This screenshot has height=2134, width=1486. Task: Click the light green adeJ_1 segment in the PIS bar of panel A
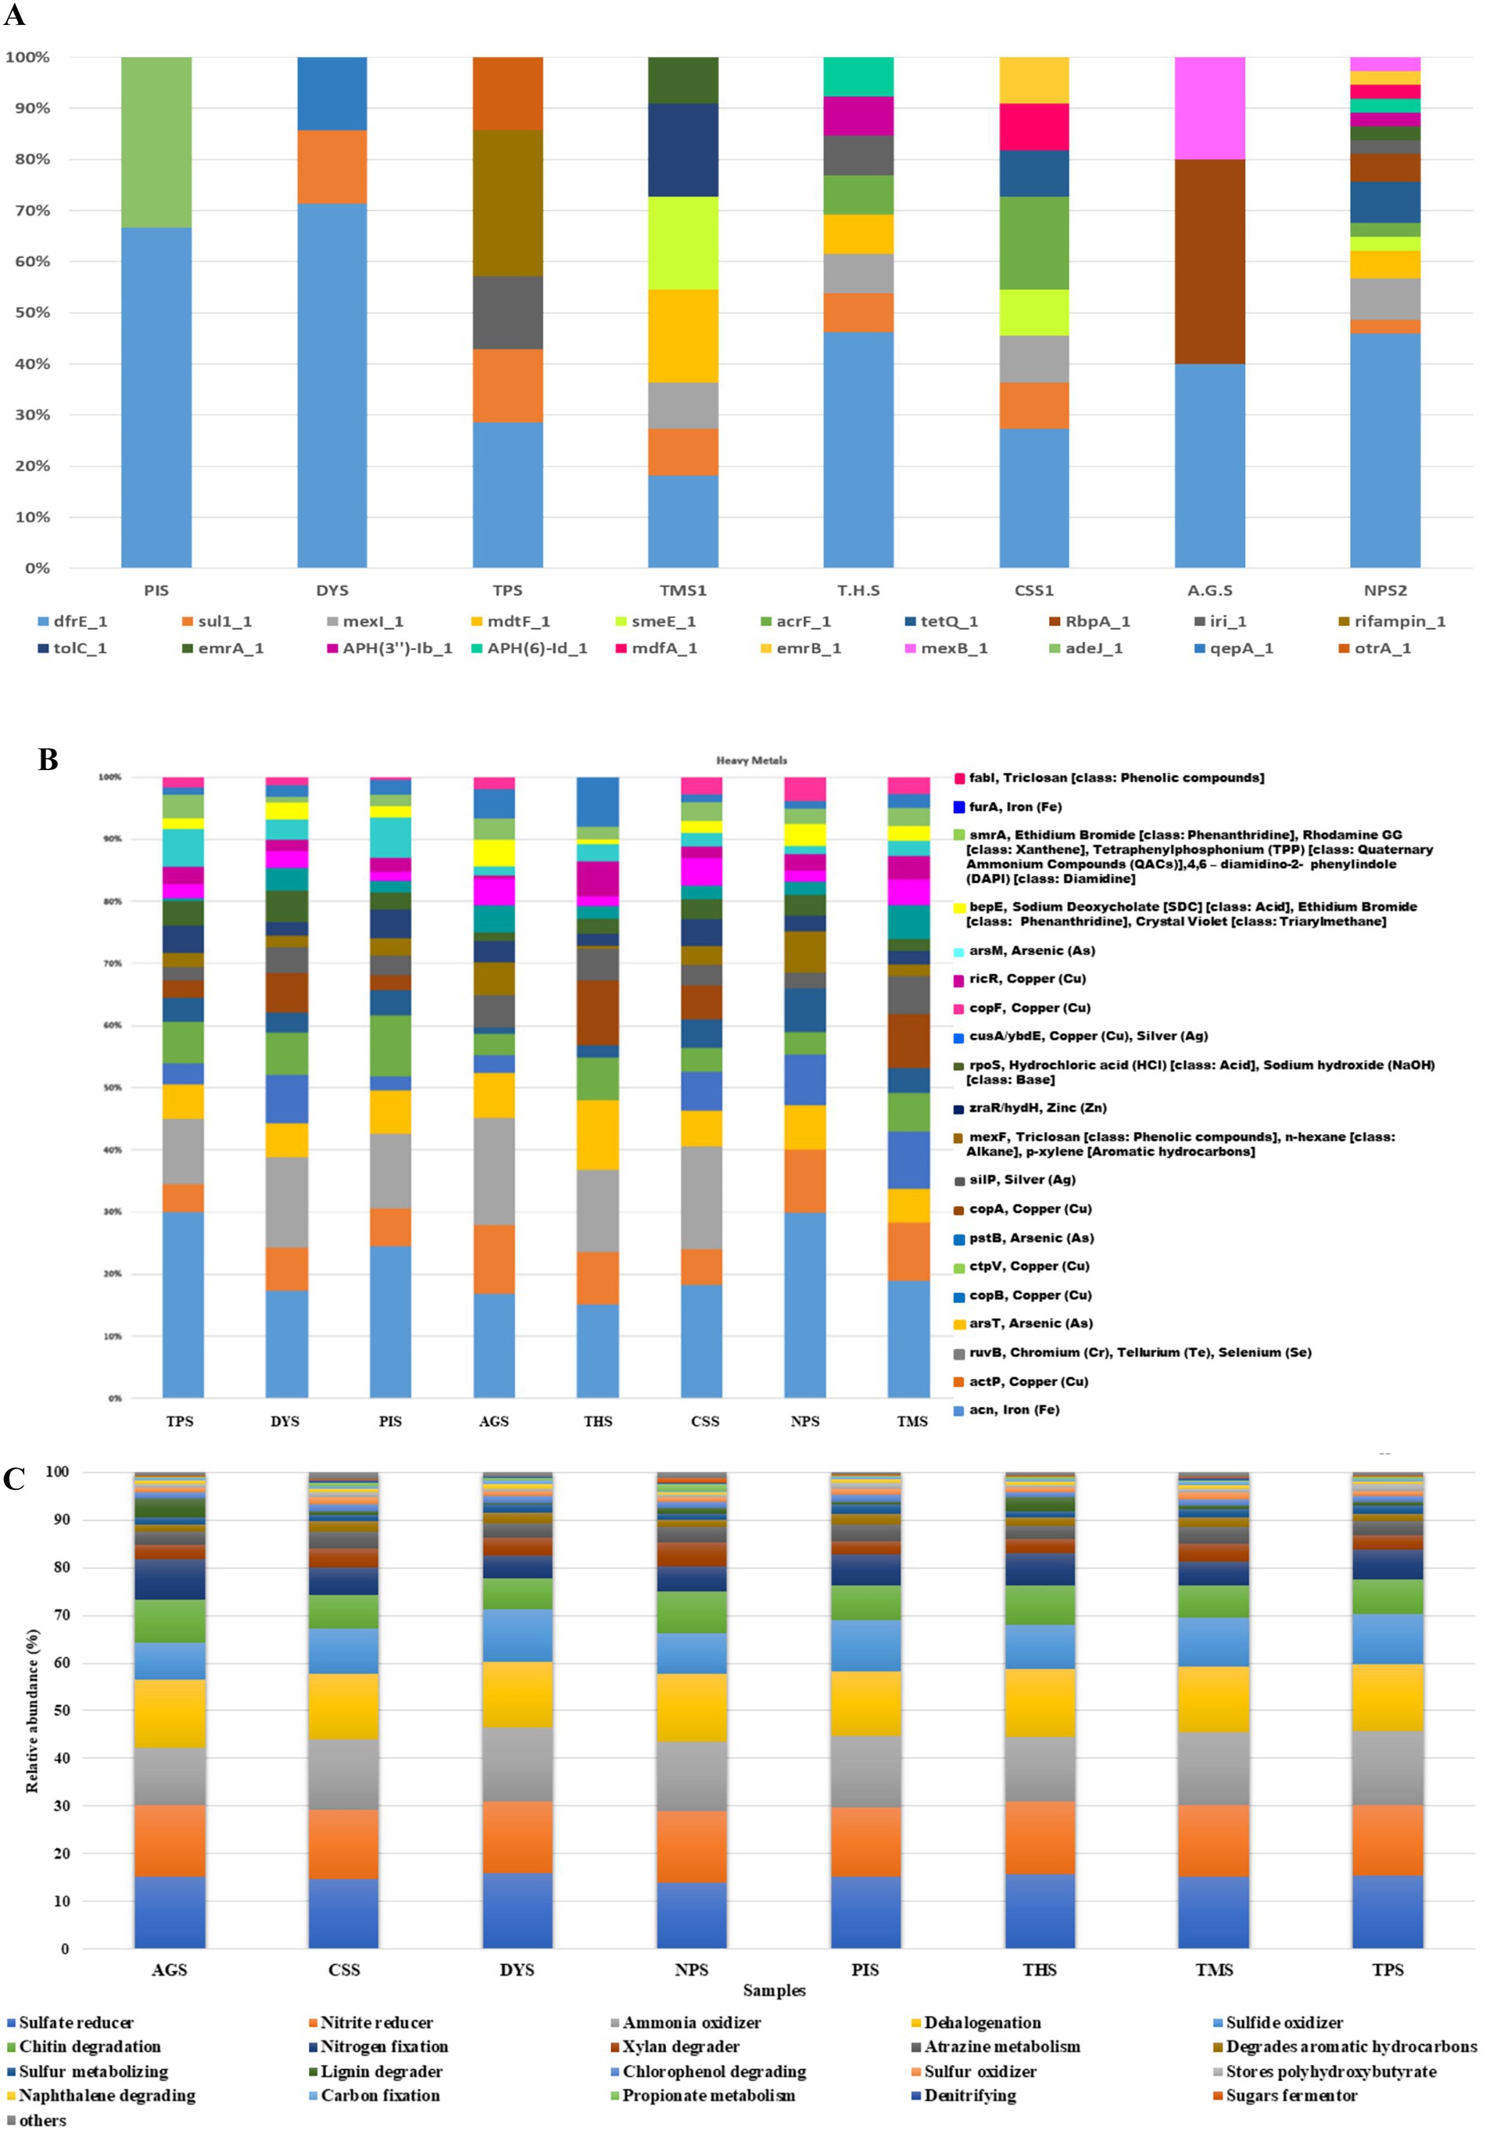click(156, 141)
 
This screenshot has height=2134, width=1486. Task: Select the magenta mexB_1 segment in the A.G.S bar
click(1209, 108)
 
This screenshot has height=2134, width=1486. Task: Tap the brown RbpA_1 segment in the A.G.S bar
click(1209, 261)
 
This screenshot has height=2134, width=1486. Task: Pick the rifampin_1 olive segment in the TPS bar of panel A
click(507, 202)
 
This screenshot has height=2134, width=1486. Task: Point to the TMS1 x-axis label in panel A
click(683, 591)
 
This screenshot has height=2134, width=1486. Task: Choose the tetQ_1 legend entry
click(949, 621)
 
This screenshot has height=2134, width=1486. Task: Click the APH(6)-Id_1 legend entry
click(537, 649)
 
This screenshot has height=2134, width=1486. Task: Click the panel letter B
click(48, 761)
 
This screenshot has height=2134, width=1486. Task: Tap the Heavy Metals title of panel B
click(751, 761)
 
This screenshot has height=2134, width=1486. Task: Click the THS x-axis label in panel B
click(597, 1421)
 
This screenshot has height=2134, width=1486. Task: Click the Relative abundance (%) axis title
click(33, 1711)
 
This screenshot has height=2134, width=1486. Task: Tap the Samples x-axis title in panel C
click(773, 1991)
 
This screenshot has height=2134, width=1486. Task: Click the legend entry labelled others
click(41, 2120)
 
